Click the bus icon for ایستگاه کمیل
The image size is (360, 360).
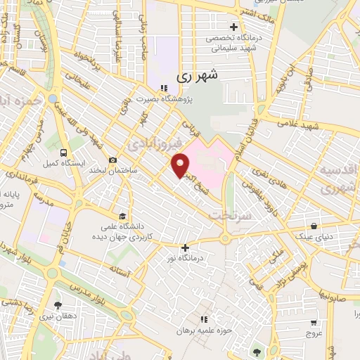coord(64,152)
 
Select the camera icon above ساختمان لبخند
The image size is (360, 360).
coord(112,160)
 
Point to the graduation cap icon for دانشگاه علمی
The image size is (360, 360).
coord(122,216)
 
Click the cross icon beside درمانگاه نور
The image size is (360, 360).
coord(185,247)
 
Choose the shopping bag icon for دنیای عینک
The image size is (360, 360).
coord(314,226)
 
